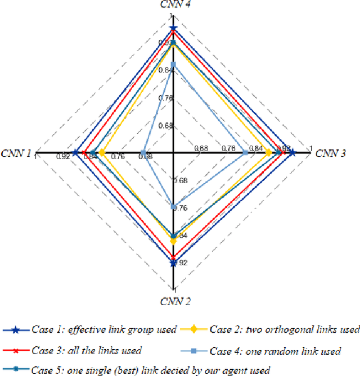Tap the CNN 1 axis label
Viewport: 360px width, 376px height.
pyautogui.click(x=16, y=152)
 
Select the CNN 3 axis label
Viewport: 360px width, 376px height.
pyautogui.click(x=331, y=152)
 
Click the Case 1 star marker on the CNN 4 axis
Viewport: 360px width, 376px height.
pyautogui.click(x=173, y=28)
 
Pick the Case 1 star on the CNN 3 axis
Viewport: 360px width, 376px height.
pyautogui.click(x=292, y=152)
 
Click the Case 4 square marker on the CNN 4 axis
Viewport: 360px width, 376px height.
pyautogui.click(x=173, y=65)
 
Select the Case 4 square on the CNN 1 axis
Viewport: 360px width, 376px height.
pyautogui.click(x=143, y=152)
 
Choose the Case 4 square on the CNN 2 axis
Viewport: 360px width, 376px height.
pyautogui.click(x=173, y=206)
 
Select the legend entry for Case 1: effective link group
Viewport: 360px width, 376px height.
pyautogui.click(x=91, y=329)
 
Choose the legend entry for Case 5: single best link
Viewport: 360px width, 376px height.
pyautogui.click(x=136, y=370)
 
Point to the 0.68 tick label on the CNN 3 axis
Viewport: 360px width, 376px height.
pyautogui.click(x=201, y=148)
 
